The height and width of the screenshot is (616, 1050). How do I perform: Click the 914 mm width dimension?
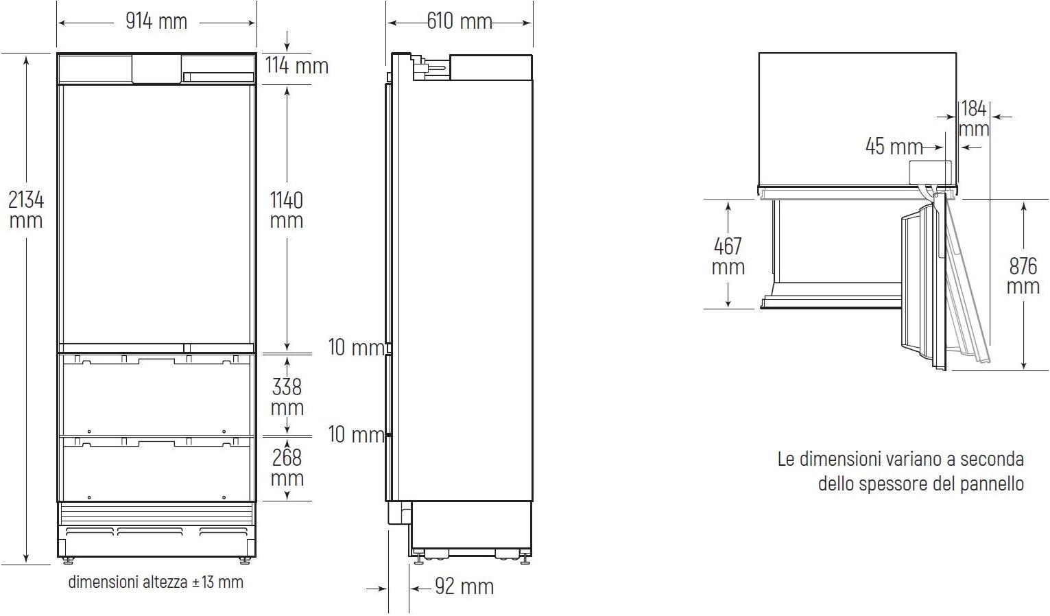(x=156, y=21)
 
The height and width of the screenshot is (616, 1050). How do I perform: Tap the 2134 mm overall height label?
(x=26, y=210)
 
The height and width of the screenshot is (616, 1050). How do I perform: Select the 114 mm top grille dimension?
(x=297, y=65)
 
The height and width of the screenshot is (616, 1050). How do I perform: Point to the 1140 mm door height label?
(x=287, y=210)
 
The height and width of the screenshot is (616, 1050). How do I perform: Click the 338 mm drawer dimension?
(x=287, y=397)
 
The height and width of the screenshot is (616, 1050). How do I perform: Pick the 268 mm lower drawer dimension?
(x=287, y=468)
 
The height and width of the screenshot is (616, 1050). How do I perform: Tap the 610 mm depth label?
(x=460, y=21)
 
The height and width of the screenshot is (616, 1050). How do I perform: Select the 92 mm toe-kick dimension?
(x=464, y=587)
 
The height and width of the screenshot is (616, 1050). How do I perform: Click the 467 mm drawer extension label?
(x=728, y=257)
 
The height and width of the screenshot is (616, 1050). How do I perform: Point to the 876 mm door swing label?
(x=1023, y=276)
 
